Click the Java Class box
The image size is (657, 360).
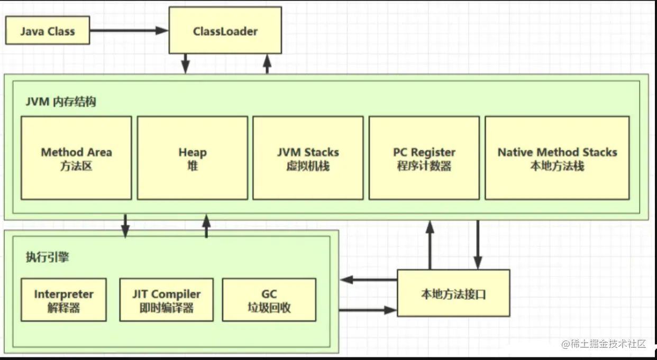coord(48,31)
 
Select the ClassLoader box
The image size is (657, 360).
coord(225,31)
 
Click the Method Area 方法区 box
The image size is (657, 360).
coord(76,158)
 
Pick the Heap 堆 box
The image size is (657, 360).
coord(192,158)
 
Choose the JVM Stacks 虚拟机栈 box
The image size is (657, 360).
coord(308,158)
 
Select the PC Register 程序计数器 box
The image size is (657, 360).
coord(424,158)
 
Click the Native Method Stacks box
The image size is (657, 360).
coord(556,158)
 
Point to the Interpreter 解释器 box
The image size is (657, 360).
coord(63,300)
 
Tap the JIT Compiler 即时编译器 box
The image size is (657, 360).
coord(166,300)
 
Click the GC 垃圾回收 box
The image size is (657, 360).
coord(269,300)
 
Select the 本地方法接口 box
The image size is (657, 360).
coord(453,293)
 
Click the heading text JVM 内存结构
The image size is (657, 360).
coord(61,102)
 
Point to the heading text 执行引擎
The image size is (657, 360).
coord(47,257)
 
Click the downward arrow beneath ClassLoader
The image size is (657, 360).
coord(186,63)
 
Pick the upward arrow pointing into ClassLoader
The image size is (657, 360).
coord(267,63)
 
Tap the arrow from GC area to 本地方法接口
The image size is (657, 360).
coord(367,310)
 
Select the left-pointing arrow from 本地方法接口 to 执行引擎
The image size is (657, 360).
coord(368,280)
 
